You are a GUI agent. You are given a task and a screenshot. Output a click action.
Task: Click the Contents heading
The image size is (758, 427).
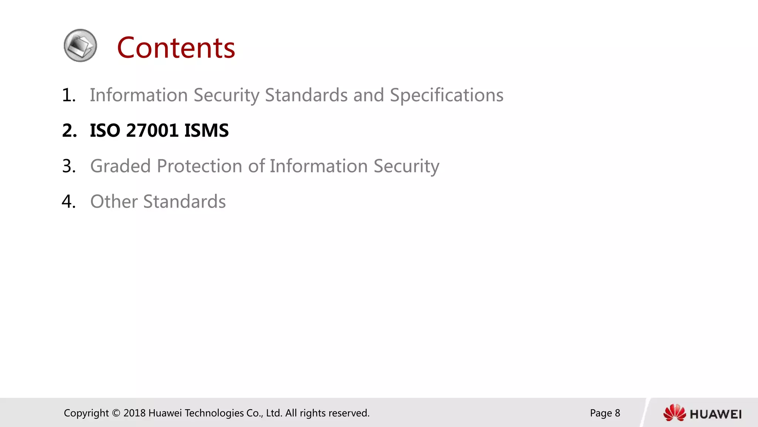tap(176, 48)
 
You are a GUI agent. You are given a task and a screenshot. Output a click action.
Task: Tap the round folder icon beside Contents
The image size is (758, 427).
tap(80, 46)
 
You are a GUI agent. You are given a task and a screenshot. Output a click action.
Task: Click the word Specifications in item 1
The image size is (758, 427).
tap(446, 95)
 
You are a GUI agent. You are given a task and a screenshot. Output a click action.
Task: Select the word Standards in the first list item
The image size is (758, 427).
tap(306, 95)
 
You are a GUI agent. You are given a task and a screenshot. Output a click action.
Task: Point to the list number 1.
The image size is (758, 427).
tap(68, 95)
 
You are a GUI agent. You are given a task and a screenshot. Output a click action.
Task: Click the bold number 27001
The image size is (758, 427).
tap(152, 130)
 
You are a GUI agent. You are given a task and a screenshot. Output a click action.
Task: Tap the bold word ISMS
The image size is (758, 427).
tap(206, 130)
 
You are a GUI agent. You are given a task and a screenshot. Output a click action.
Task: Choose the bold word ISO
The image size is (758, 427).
tap(105, 130)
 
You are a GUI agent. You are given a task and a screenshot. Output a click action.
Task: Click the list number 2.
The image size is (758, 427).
tap(69, 130)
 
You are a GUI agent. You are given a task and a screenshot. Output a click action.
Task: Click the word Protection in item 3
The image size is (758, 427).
tap(199, 166)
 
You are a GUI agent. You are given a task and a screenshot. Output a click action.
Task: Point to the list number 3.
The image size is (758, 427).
tap(68, 166)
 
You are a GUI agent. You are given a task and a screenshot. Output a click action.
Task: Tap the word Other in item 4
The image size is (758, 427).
tap(114, 202)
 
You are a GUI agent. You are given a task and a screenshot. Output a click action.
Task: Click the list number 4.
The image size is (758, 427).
tap(68, 202)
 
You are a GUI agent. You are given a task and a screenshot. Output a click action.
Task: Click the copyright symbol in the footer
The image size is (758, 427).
tap(116, 413)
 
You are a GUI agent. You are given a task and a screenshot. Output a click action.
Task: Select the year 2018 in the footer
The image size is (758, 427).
tap(134, 413)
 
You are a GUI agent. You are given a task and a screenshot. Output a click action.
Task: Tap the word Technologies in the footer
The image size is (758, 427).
tap(214, 413)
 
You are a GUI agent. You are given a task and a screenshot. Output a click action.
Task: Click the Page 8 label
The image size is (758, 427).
tap(605, 413)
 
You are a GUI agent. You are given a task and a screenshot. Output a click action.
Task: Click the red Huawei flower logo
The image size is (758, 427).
tap(674, 413)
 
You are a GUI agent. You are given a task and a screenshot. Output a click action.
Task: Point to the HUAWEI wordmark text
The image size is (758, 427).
tap(715, 414)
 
